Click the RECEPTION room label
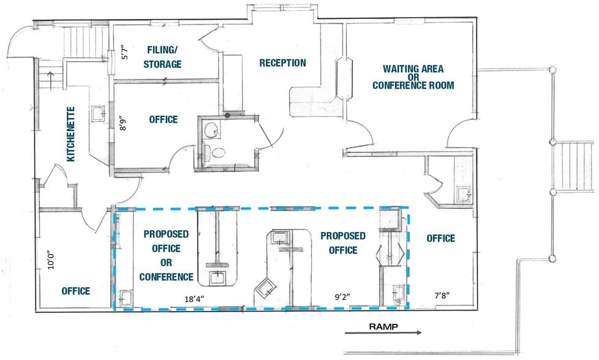(282, 63)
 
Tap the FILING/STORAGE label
(164, 57)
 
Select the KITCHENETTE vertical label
(71, 134)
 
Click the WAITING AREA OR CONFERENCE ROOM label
(413, 77)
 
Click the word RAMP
(383, 326)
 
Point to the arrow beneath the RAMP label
(383, 334)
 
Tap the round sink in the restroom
(213, 130)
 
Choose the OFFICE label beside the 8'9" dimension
(164, 119)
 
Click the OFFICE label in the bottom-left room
(76, 291)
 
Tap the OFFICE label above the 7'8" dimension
(440, 238)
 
